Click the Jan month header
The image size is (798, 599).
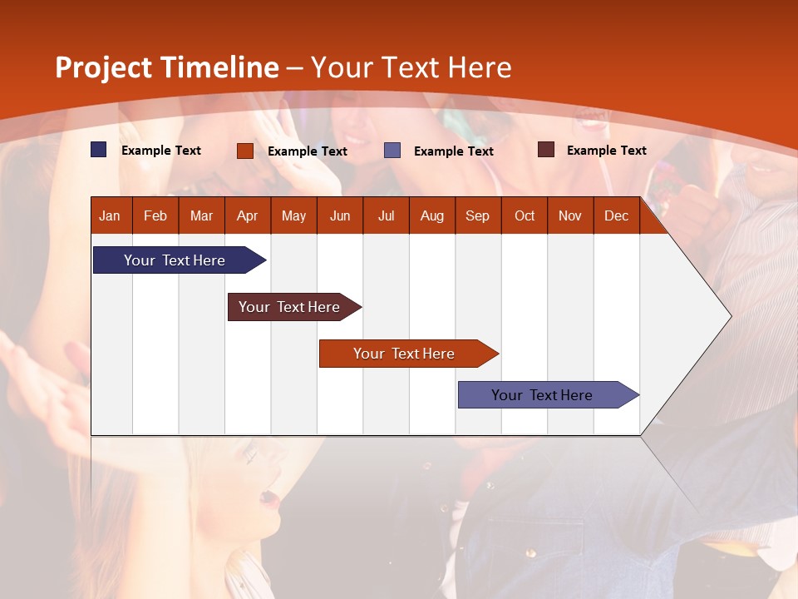point(110,215)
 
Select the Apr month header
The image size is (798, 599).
point(247,215)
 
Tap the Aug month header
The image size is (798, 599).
point(431,215)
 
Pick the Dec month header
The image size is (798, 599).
point(616,215)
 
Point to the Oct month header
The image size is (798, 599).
point(524,215)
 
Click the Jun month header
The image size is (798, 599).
point(339,215)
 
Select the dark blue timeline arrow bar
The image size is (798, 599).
point(175,260)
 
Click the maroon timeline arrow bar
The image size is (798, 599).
point(289,307)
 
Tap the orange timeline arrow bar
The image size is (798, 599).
point(404,354)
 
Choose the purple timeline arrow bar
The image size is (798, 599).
point(542,395)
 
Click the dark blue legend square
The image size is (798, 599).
point(99,150)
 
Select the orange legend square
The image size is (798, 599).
point(244,151)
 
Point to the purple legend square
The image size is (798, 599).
point(392,151)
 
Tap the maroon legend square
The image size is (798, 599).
point(546,150)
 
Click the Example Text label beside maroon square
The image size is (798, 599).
point(606,151)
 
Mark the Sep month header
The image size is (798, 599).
point(477,215)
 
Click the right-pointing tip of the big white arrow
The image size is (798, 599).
point(729,316)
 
